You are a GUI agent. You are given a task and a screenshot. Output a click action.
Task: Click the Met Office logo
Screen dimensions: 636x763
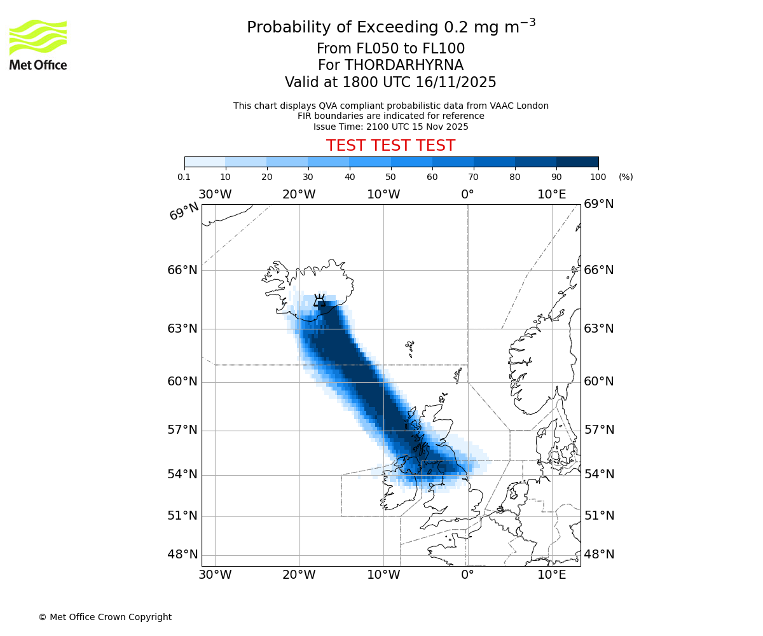point(38,45)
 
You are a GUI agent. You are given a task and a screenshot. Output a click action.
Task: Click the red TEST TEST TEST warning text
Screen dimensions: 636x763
point(390,146)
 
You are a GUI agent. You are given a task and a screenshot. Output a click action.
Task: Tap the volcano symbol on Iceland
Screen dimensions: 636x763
point(319,300)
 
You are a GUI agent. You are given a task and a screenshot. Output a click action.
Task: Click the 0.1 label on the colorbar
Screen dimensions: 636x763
point(184,177)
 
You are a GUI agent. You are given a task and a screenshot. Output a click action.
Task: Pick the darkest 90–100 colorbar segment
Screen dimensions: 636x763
point(577,162)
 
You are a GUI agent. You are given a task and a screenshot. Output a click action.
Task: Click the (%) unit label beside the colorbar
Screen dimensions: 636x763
point(626,177)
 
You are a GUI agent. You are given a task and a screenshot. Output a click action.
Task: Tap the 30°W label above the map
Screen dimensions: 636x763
point(215,194)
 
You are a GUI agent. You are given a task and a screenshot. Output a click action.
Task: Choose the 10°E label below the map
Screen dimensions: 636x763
point(551,575)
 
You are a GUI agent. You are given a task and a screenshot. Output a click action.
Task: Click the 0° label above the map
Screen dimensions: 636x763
point(467,194)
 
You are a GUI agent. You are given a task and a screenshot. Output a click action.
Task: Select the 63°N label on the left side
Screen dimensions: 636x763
point(182,329)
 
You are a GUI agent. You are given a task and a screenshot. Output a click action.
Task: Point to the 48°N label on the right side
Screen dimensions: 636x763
point(599,554)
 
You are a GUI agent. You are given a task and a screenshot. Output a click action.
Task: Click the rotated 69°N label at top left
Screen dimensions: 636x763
point(184,211)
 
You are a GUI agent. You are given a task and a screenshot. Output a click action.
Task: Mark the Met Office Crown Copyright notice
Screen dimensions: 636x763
point(105,617)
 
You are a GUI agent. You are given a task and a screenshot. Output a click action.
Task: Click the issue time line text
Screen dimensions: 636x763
point(390,127)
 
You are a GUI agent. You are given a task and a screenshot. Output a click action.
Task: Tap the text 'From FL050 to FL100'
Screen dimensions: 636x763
point(390,49)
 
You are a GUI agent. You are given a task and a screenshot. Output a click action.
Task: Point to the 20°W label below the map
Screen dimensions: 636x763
point(299,575)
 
